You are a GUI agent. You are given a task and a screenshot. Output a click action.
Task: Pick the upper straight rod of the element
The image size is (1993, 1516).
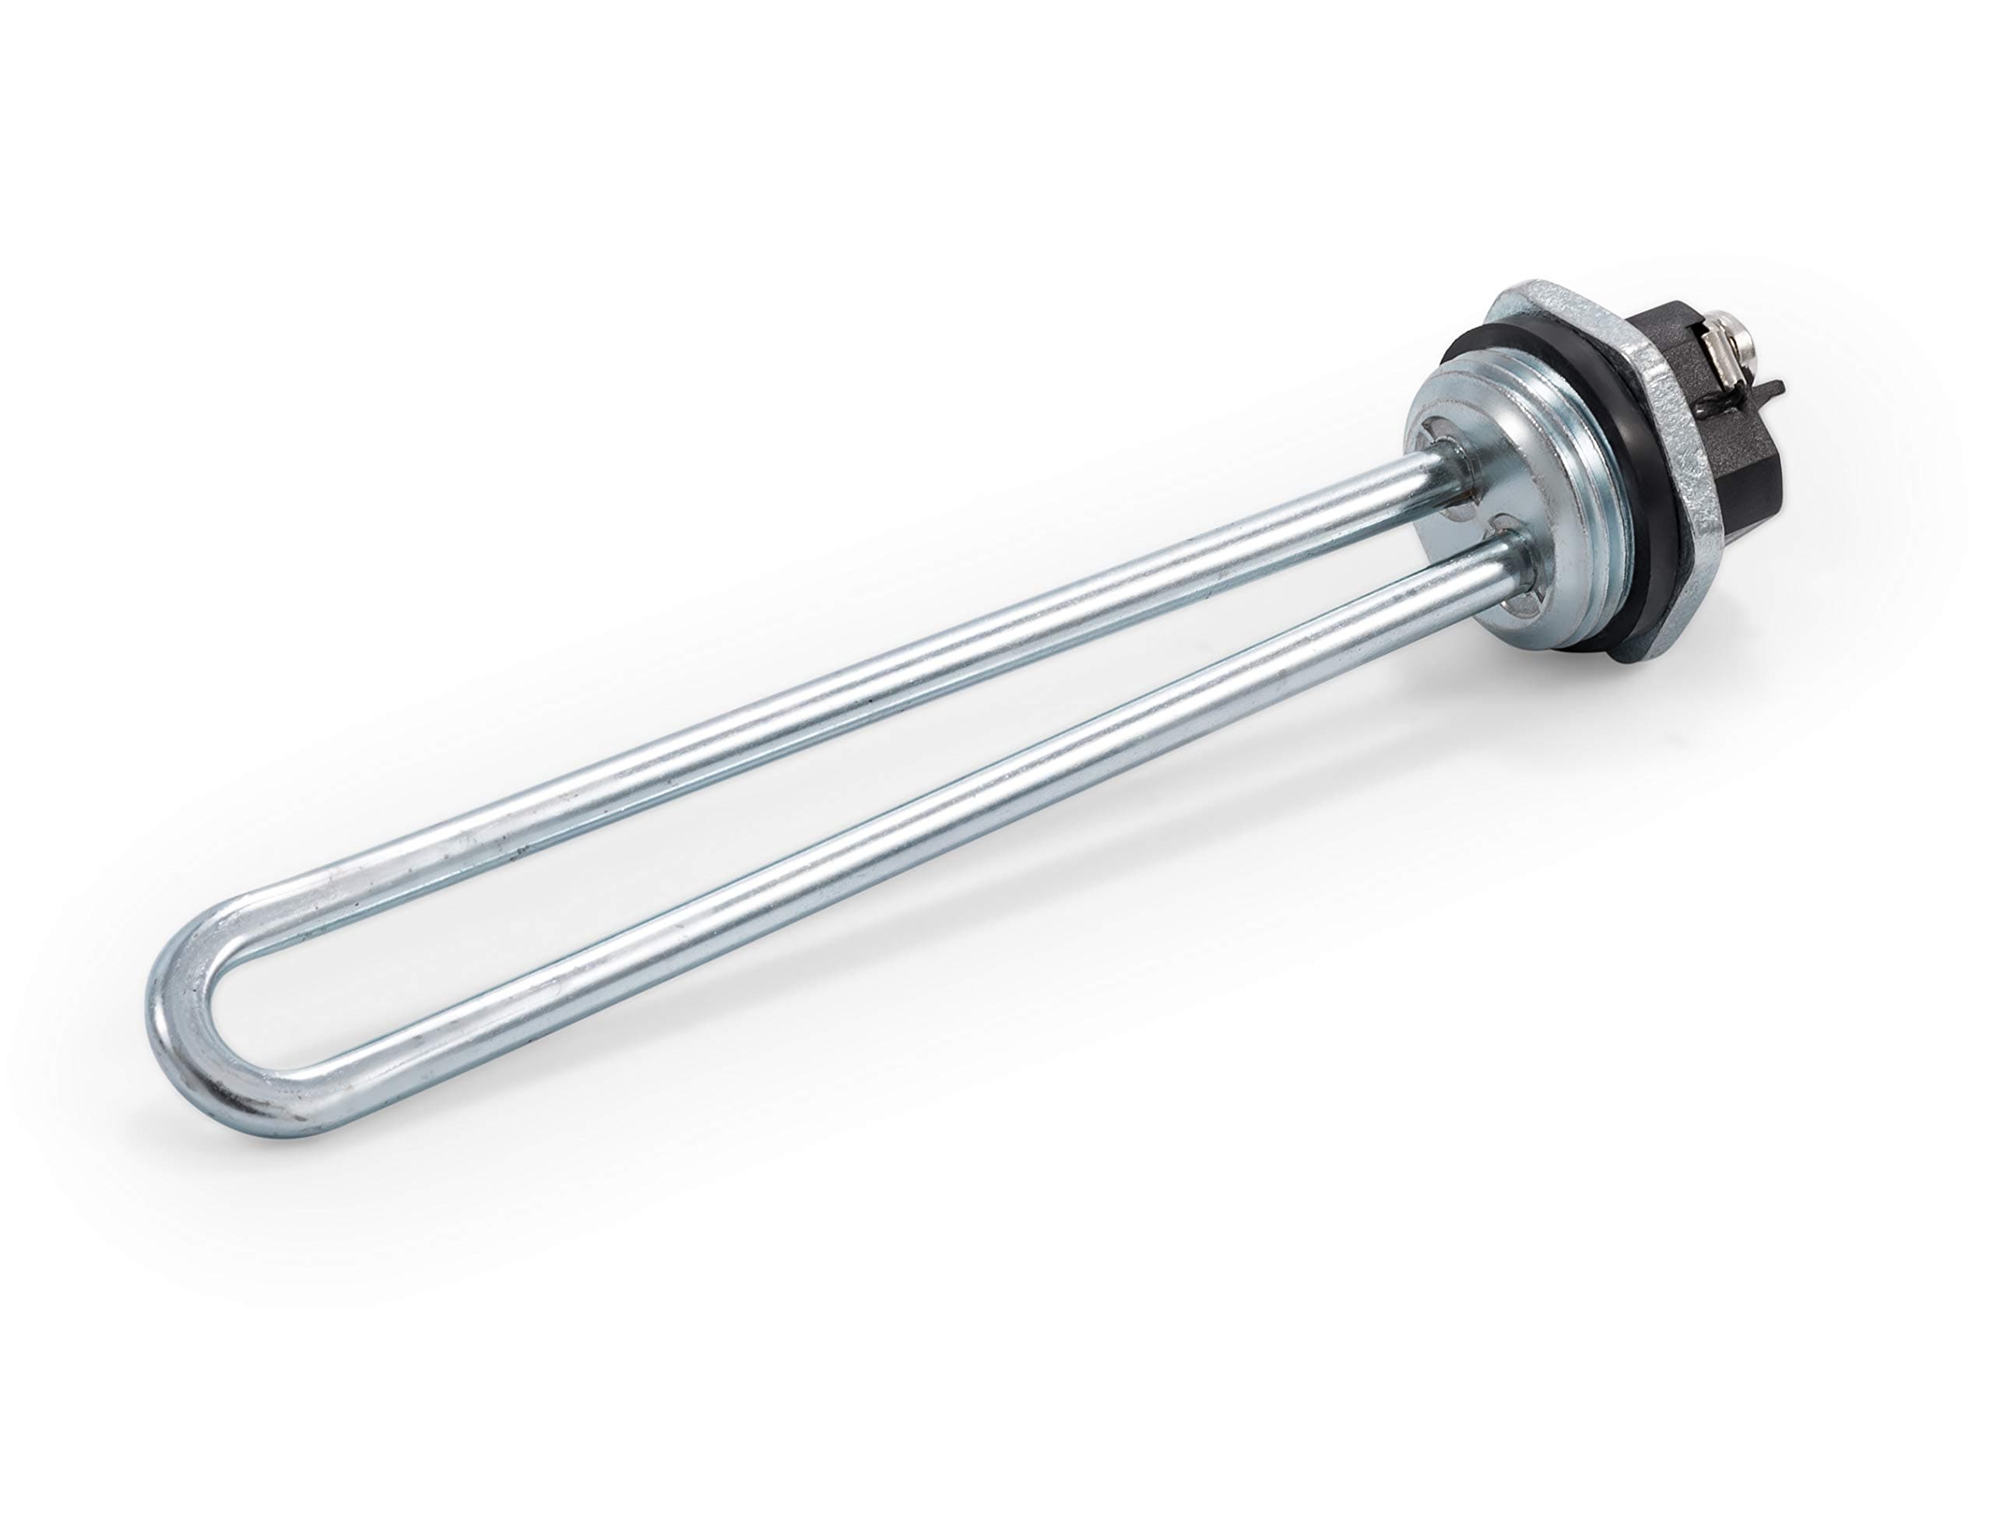[x=812, y=722]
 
